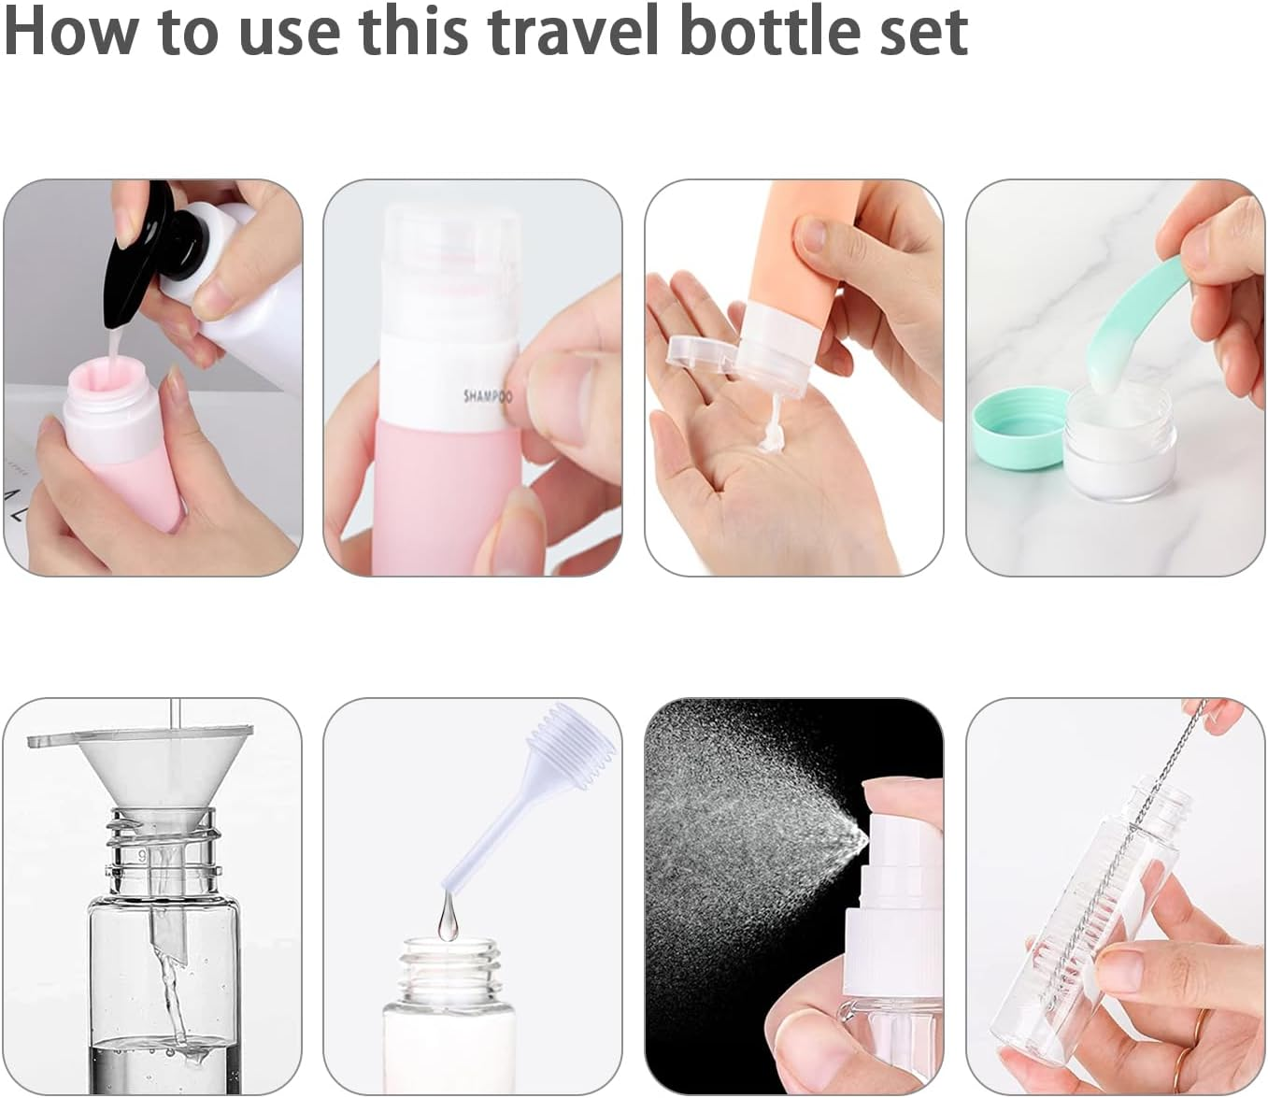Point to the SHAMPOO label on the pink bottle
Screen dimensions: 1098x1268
click(x=488, y=396)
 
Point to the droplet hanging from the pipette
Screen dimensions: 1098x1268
click(x=446, y=920)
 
